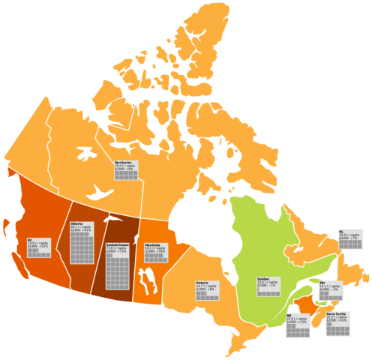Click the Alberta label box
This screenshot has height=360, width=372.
pyautogui.click(x=82, y=242)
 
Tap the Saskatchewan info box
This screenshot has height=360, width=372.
pyautogui.click(x=117, y=265)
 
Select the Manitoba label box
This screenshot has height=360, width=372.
pyautogui.click(x=156, y=253)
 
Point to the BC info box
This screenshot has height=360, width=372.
pyautogui.click(x=39, y=248)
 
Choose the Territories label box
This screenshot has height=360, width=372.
pyautogui.click(x=126, y=170)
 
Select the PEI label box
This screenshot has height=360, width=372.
pyautogui.click(x=329, y=291)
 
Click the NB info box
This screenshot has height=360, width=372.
pyautogui.click(x=297, y=325)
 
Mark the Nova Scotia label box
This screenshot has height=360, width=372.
pyautogui.click(x=337, y=323)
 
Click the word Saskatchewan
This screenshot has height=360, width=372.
pyautogui.click(x=117, y=245)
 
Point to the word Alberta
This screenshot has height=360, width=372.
pyautogui.click(x=76, y=223)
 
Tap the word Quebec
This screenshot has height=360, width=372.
pyautogui.click(x=263, y=279)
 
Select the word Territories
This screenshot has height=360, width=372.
pyautogui.click(x=123, y=162)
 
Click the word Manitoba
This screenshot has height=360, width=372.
pyautogui.click(x=152, y=244)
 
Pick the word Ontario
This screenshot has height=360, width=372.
pyautogui.click(x=202, y=283)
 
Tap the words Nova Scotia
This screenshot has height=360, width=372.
pyautogui.click(x=335, y=313)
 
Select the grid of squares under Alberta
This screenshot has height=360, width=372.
pyautogui.click(x=82, y=247)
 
